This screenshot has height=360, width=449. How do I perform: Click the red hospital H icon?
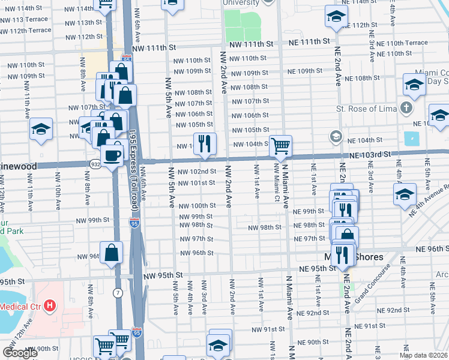(x=50, y=305)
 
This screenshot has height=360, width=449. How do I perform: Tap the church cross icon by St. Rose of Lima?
(x=407, y=109)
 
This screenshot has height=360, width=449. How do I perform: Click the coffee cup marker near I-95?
(x=111, y=156)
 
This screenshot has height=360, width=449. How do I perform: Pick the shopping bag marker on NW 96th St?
(x=112, y=252)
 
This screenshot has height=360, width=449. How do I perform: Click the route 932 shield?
(x=96, y=164)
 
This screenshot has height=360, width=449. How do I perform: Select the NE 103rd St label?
(x=371, y=154)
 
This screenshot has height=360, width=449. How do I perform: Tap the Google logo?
(x=20, y=353)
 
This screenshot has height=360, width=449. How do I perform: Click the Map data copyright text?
(x=423, y=355)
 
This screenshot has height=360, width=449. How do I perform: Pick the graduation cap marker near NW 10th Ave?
(x=41, y=129)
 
